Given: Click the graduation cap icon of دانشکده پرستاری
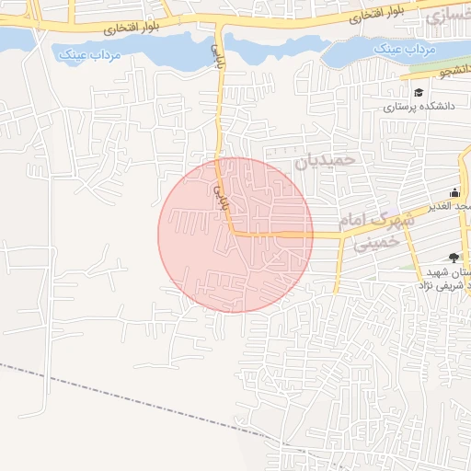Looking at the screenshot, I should coord(419,92).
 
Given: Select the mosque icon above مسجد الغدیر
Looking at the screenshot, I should coord(454,192).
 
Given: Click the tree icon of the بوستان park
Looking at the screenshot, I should coord(454,258).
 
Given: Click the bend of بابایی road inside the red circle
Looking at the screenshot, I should coord(232,233).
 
